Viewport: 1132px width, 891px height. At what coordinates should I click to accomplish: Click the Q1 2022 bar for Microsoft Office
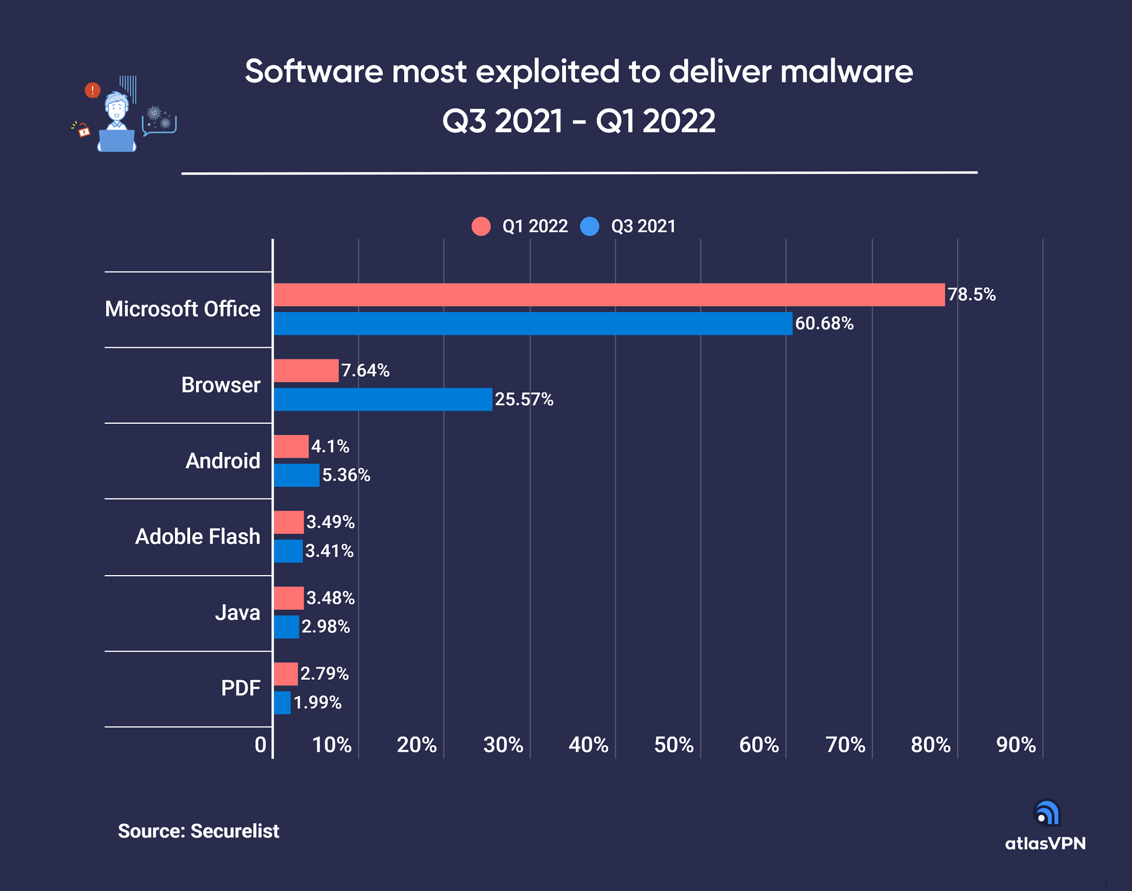pos(609,295)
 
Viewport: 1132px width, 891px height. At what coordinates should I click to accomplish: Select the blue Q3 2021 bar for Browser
pos(383,399)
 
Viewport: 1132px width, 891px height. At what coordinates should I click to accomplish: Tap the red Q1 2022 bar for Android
pos(291,447)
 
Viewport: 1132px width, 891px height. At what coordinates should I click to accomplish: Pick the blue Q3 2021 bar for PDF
pos(282,703)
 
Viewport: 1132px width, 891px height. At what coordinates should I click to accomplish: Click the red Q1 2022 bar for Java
pos(289,598)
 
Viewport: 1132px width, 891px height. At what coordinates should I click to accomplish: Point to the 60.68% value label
pos(824,324)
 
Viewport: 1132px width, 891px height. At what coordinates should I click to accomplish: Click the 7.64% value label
pos(365,371)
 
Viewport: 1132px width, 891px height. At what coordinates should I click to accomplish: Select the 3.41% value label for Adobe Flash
pos(329,551)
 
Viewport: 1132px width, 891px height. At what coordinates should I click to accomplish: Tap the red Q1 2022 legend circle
pos(481,226)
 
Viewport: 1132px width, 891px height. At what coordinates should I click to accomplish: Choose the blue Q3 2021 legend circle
pos(589,226)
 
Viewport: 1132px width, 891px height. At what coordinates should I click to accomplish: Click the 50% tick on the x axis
pos(674,745)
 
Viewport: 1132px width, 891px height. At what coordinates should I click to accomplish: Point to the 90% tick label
pos(1016,745)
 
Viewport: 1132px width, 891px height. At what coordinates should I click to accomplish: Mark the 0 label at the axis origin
pos(261,745)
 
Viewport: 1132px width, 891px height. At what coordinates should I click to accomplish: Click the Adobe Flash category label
pos(198,537)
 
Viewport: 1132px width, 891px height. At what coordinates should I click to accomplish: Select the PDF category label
pos(240,688)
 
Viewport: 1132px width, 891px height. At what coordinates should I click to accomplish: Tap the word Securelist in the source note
pos(235,831)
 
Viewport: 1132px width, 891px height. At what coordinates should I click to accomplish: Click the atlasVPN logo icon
pos(1046,813)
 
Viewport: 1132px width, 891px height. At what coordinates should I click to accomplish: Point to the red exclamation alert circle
pos(93,90)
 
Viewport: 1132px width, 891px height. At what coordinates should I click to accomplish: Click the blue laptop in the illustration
pos(116,141)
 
